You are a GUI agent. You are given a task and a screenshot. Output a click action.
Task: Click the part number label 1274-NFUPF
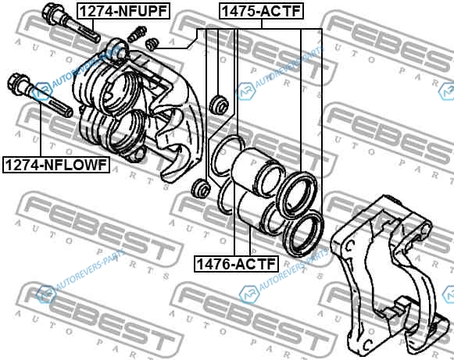tap(123, 11)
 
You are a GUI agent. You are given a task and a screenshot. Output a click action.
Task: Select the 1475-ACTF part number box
tap(261, 11)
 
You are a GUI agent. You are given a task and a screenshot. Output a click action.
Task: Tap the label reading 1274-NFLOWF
tap(56, 165)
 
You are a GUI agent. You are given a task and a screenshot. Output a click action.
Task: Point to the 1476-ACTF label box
tap(236, 264)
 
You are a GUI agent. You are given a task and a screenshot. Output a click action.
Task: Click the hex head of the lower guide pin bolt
tap(17, 82)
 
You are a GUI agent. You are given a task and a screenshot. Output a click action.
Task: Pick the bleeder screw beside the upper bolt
tap(137, 34)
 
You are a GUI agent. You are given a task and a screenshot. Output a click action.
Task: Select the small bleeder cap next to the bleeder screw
tap(152, 44)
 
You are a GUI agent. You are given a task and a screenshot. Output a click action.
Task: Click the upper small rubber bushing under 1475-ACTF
tap(219, 104)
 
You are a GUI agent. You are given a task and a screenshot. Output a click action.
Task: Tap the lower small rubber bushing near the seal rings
tap(200, 188)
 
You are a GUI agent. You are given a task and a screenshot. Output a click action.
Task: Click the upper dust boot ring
tap(296, 195)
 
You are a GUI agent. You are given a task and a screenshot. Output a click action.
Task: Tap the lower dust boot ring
tap(303, 233)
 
